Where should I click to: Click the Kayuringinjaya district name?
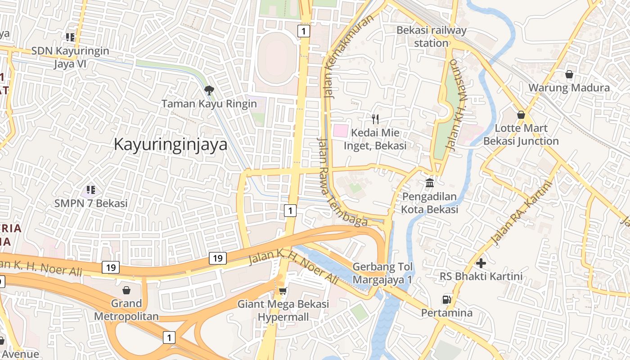(170, 144)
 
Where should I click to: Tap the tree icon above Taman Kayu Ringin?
(209, 90)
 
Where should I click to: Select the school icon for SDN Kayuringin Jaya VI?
(70, 37)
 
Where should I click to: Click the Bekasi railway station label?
(431, 36)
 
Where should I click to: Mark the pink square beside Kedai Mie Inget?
(340, 131)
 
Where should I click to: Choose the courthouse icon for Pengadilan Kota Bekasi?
(429, 183)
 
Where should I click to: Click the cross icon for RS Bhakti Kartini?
(481, 263)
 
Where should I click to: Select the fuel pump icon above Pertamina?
(446, 299)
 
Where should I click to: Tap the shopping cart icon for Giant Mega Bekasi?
(283, 291)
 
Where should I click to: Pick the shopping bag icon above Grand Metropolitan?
(126, 290)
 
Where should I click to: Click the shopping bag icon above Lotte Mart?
(521, 115)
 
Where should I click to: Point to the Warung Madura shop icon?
(569, 74)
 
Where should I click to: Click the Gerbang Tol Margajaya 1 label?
(382, 273)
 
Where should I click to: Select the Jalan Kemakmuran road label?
(348, 56)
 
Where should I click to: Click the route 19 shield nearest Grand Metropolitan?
(111, 267)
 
